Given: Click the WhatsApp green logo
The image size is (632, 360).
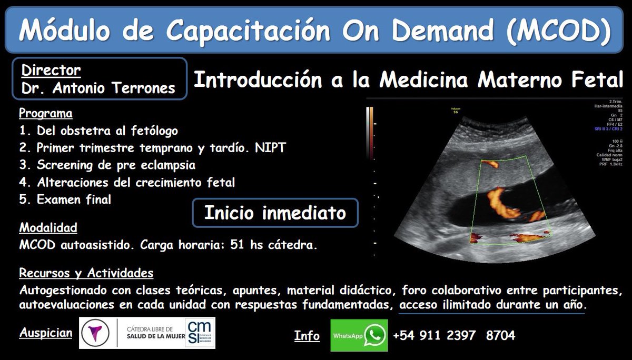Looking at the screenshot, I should [x=375, y=335].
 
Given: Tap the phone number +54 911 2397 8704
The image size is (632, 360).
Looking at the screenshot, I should [x=453, y=335].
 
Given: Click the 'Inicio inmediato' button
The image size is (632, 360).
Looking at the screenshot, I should [x=275, y=213].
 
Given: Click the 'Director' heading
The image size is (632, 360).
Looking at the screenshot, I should [x=51, y=70].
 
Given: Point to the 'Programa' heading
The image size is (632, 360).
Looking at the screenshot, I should [x=46, y=113].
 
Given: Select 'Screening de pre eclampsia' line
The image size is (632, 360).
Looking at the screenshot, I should [x=107, y=165].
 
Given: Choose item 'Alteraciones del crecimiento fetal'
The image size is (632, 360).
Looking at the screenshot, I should [x=127, y=182].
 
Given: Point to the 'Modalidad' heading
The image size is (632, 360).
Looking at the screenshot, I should [x=48, y=228].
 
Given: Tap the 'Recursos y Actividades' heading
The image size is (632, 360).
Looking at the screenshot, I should [x=86, y=274].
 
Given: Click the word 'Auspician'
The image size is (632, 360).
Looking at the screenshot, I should [x=45, y=333].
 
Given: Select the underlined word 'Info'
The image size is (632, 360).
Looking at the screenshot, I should [x=307, y=336].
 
